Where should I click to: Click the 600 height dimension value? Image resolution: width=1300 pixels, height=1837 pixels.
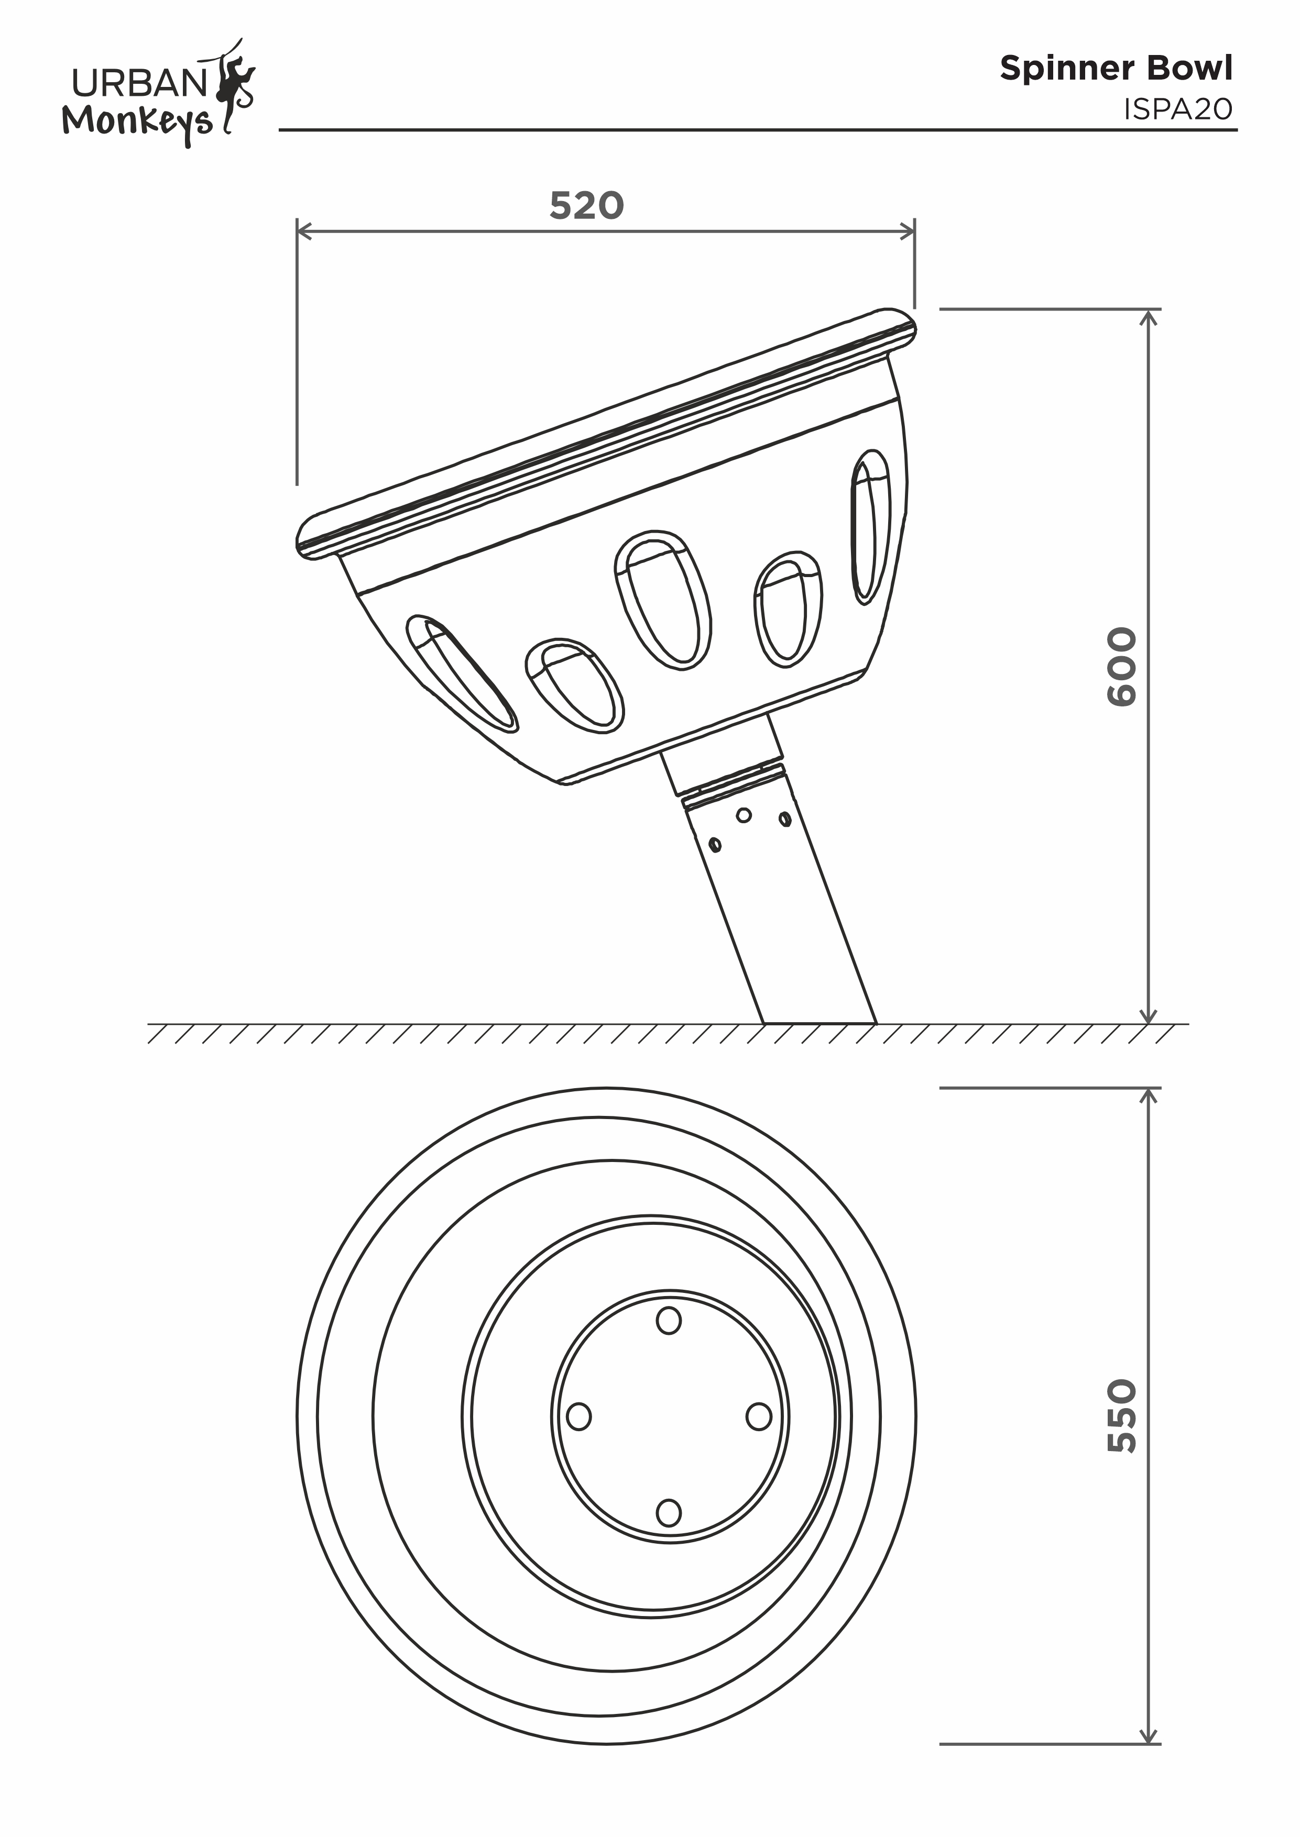point(1121,667)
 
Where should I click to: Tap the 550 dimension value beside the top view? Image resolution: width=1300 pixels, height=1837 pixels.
point(1121,1415)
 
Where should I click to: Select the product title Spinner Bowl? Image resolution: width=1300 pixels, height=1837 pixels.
point(1116,68)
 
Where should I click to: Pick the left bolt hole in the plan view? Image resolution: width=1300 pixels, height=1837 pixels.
point(579,1416)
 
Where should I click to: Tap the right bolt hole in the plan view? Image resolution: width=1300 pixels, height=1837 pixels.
point(759,1416)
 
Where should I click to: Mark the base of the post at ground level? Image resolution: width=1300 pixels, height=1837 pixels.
point(820,1023)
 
